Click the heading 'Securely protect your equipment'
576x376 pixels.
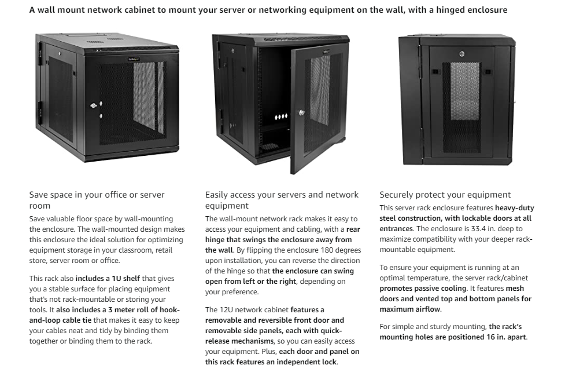(445, 195)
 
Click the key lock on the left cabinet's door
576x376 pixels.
(94, 105)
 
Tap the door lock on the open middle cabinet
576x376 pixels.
(301, 112)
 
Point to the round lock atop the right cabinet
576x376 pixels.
(461, 54)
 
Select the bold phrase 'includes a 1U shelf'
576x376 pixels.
(108, 279)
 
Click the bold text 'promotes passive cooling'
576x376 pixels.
(423, 289)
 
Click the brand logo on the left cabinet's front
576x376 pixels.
(134, 59)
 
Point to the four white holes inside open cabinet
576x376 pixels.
(281, 116)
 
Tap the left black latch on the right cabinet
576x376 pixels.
(434, 72)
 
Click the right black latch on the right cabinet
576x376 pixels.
(488, 72)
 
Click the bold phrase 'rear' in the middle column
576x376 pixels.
(353, 229)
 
